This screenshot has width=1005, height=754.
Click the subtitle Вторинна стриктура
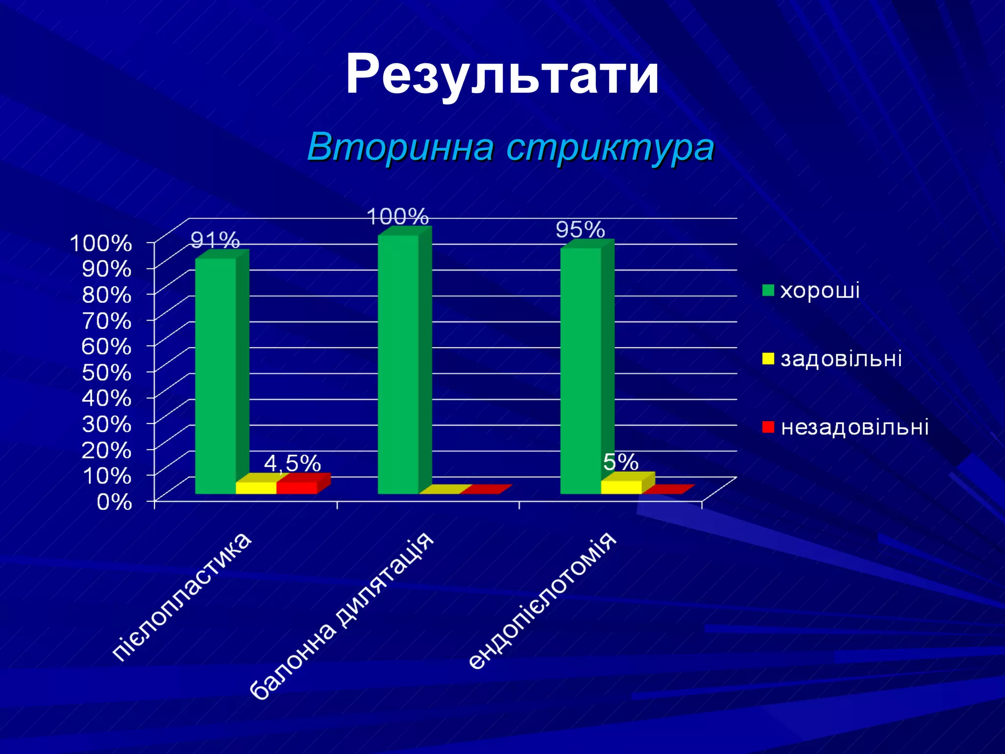(x=510, y=147)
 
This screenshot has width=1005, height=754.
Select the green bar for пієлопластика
(x=215, y=376)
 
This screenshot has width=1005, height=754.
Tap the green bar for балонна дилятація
(x=398, y=364)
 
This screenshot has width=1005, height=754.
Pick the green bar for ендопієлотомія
(x=581, y=371)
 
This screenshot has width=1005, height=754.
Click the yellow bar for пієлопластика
(x=256, y=487)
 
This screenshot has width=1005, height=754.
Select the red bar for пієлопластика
(x=297, y=487)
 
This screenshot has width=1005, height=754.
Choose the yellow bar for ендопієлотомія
(x=621, y=487)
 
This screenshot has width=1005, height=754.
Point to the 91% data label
(x=215, y=240)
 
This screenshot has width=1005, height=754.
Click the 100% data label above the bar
(x=397, y=216)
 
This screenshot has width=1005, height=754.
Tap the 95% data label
(x=580, y=230)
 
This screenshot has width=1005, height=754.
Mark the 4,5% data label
(x=292, y=463)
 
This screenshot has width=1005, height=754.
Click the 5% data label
(x=621, y=462)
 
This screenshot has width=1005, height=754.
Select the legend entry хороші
(x=820, y=290)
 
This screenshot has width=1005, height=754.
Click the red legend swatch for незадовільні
(x=768, y=427)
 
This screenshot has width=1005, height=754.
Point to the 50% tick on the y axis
(x=106, y=372)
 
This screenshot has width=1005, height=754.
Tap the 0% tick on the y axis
(x=114, y=502)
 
